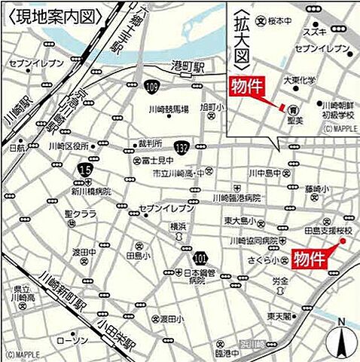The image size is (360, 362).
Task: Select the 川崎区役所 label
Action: (69, 146)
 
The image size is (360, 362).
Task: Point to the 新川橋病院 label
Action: (91, 192)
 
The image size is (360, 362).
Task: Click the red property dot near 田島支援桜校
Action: (342, 241)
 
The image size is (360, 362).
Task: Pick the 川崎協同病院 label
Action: (248, 241)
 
